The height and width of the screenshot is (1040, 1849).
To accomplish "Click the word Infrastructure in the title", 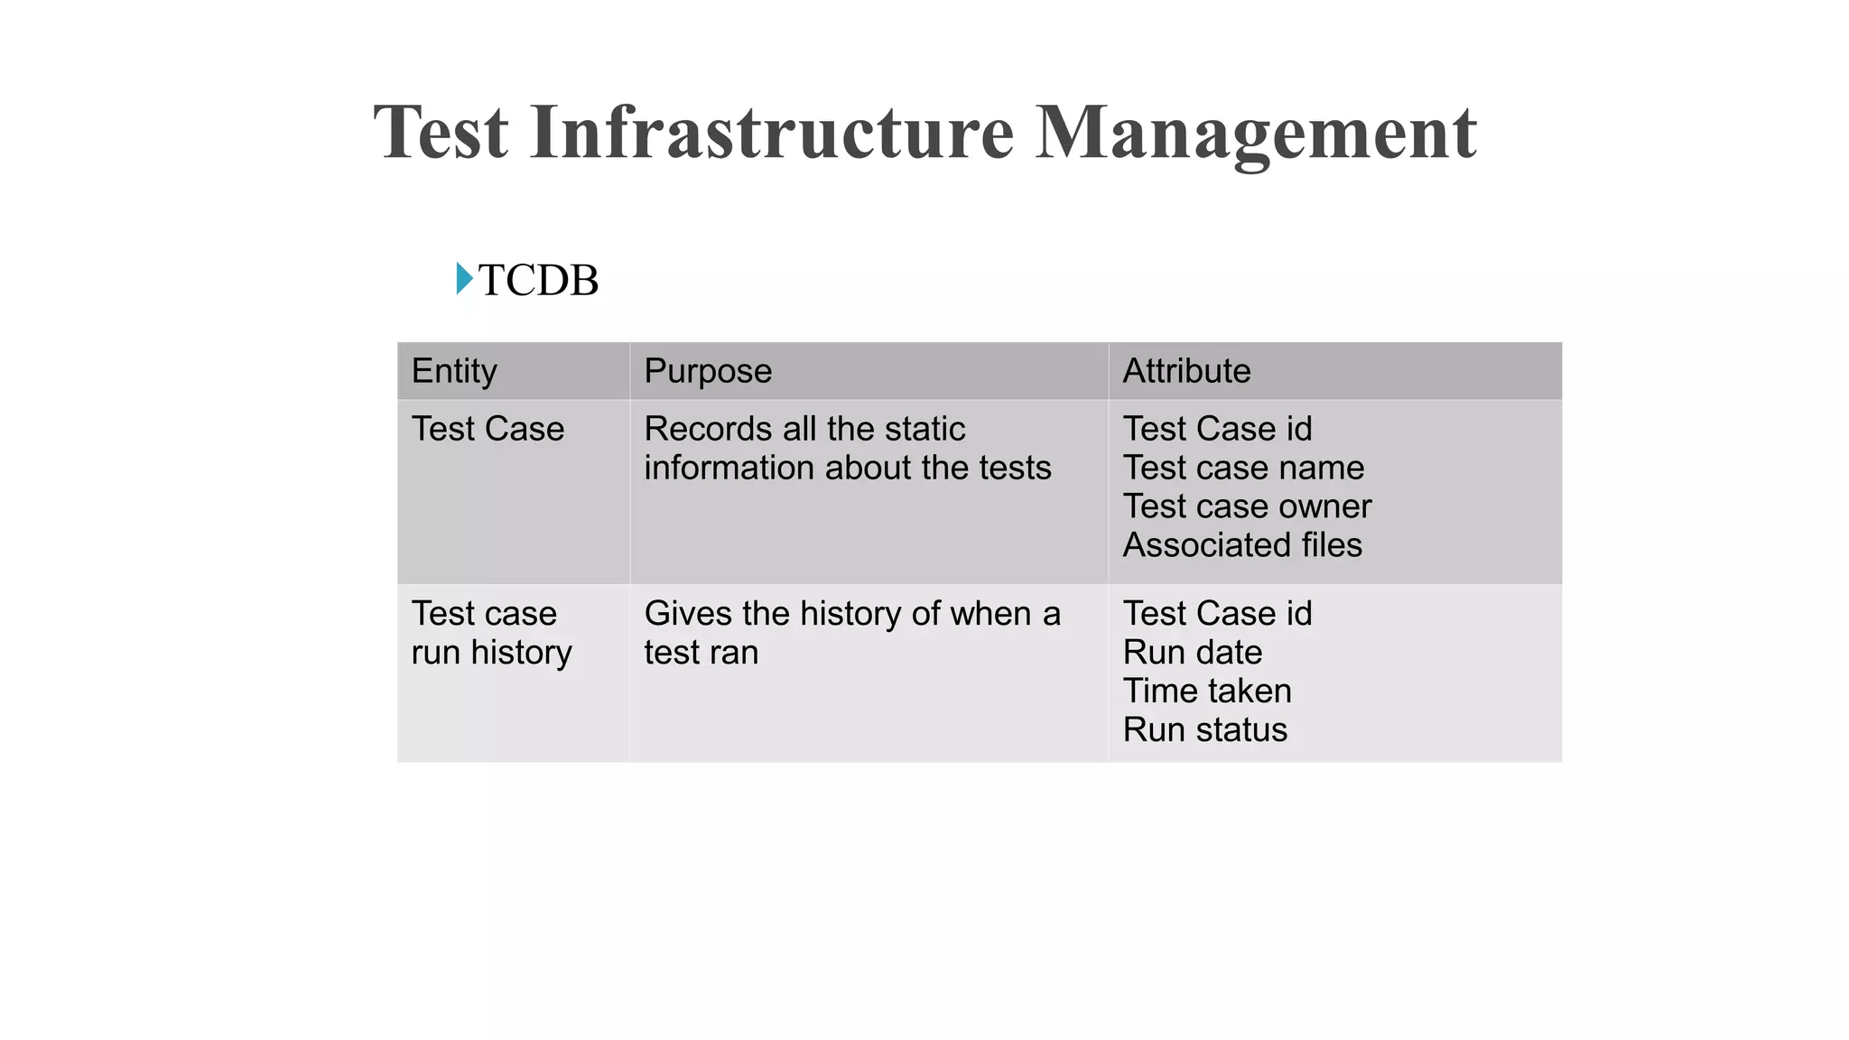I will click(x=772, y=133).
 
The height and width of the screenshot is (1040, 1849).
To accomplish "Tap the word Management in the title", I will click(x=1255, y=133).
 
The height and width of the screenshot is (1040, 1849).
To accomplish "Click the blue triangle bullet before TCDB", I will click(x=464, y=278).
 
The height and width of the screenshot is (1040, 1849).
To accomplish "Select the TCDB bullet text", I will click(x=538, y=281).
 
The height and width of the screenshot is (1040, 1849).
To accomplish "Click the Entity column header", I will click(x=454, y=371).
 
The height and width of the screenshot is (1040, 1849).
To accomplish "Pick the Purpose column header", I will click(x=708, y=371).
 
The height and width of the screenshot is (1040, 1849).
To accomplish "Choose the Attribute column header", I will click(x=1186, y=371).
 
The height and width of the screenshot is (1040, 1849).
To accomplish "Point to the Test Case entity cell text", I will click(x=488, y=429).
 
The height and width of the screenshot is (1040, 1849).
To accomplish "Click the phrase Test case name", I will click(x=1243, y=468).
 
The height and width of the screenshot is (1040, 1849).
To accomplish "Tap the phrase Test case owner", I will click(x=1247, y=506).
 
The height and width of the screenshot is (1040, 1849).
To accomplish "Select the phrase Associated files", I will click(x=1242, y=545).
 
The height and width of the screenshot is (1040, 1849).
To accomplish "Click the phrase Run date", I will click(x=1192, y=652).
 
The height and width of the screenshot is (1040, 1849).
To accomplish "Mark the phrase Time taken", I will click(x=1207, y=691).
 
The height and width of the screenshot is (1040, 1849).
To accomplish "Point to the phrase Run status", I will click(x=1204, y=729).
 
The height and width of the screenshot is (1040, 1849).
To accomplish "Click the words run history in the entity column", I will click(x=491, y=652).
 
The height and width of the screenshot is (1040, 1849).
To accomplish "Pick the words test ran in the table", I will click(x=701, y=652).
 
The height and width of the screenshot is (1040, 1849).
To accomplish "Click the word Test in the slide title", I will click(x=441, y=133).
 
